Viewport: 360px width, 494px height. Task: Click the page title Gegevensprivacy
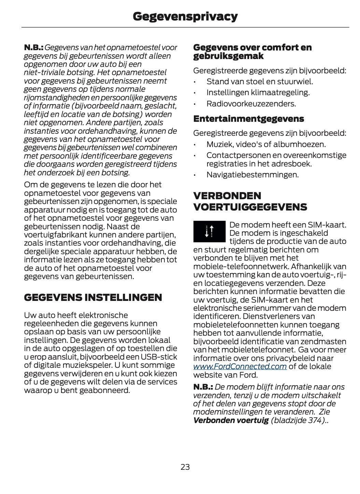(185, 16)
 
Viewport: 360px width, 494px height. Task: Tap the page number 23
(185, 467)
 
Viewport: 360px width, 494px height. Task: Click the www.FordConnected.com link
(240, 366)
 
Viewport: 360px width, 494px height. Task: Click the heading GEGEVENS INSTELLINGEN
(93, 297)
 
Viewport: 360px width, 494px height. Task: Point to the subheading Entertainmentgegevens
(248, 119)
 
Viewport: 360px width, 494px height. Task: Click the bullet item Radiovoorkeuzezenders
(251, 103)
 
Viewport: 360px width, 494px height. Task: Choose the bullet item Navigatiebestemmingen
(252, 175)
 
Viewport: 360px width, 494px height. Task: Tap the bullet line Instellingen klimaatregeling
(258, 92)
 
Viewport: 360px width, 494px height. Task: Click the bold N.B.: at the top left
(33, 47)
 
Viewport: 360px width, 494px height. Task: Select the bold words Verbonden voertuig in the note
(231, 420)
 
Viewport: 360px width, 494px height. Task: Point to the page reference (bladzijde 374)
(298, 420)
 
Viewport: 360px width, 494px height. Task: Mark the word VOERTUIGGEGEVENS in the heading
(250, 207)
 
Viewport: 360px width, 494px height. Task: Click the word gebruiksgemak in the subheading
(228, 56)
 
